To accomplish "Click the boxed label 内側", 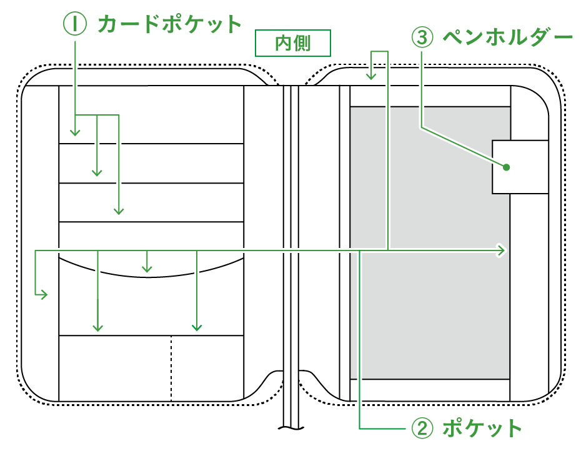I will pos(292,43).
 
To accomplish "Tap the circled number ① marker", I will pos(74,24).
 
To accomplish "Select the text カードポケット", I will pos(169,24).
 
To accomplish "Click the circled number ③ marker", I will pos(422,37).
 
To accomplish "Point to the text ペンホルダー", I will pos(507,37).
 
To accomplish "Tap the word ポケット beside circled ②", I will pos(482,429).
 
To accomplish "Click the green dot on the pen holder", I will pos(506,167).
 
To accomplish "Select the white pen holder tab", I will pos(520,167).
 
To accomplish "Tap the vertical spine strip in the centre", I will pos(292,250).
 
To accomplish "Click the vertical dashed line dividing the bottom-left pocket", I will pos(171,369).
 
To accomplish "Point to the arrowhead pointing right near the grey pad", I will pos(501,250).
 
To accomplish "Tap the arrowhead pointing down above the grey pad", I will pos(371,76).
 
